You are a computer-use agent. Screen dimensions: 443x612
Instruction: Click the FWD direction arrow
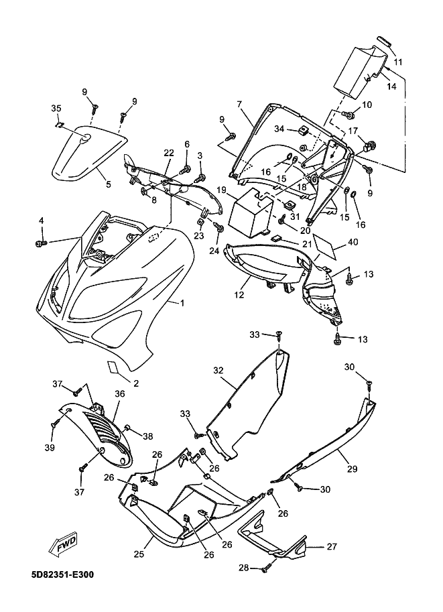tap(63, 544)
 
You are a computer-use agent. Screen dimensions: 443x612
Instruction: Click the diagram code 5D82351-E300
tap(63, 574)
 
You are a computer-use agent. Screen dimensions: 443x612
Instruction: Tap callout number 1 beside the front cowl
tap(182, 303)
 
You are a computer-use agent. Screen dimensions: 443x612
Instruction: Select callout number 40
tap(353, 242)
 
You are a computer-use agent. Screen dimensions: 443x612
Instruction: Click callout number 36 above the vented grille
tap(120, 394)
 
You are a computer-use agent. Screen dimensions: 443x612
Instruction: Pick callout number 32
tap(218, 370)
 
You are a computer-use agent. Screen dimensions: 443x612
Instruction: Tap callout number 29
tap(352, 469)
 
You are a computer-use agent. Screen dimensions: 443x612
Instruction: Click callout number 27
tap(331, 546)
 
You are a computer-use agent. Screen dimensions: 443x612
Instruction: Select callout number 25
tap(139, 554)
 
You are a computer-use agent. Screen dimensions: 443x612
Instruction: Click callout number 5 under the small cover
tap(108, 184)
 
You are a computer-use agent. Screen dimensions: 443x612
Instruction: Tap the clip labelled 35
tap(59, 125)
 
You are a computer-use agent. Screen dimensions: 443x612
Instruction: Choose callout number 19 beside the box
tap(221, 190)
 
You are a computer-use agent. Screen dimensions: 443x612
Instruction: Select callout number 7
tap(239, 104)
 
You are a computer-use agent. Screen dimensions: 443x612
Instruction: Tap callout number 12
tap(239, 295)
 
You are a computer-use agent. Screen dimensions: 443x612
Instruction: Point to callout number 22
tap(169, 153)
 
